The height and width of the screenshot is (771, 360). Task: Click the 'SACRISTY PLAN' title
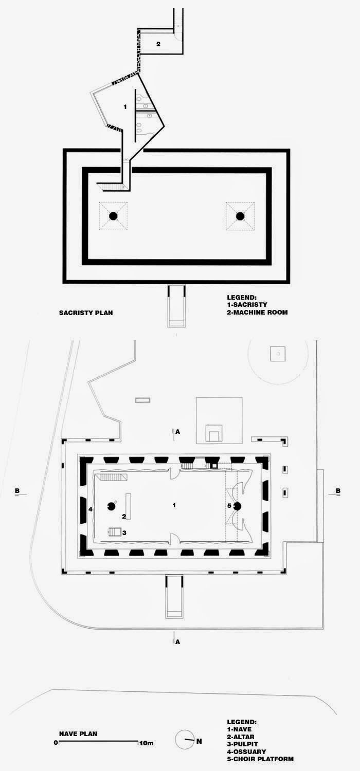click(x=86, y=312)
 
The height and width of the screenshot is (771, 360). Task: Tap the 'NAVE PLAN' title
click(x=78, y=734)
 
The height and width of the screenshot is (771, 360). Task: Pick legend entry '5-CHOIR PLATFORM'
click(x=260, y=759)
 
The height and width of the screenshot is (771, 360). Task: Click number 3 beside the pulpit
click(x=124, y=533)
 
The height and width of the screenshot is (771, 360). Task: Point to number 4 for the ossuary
click(x=90, y=509)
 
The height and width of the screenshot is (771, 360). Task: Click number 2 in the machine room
click(x=158, y=44)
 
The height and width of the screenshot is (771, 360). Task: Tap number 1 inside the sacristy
click(x=125, y=106)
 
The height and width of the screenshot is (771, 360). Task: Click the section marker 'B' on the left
click(x=17, y=491)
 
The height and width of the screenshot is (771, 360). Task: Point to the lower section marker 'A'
click(x=177, y=641)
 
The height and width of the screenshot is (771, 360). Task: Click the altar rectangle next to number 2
click(x=129, y=506)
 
